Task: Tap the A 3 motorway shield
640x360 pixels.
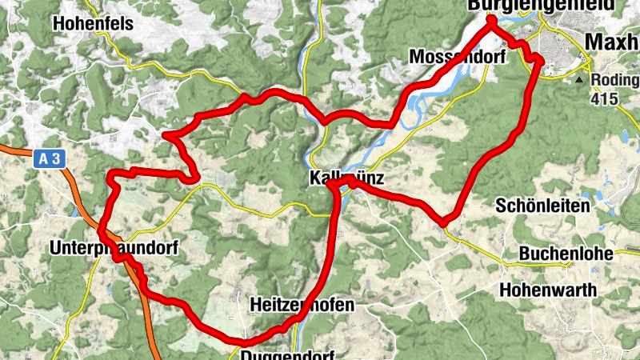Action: click(50, 158)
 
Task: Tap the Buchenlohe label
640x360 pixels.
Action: click(566, 254)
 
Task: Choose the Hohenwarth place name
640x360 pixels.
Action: click(548, 290)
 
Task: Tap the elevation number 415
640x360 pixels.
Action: click(605, 99)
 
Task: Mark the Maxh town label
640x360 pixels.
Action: click(612, 42)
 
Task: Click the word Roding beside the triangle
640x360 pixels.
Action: click(615, 81)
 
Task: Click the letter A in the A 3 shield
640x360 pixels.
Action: click(43, 158)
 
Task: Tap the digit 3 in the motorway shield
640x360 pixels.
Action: click(56, 158)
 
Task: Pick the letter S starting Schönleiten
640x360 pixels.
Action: click(501, 205)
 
